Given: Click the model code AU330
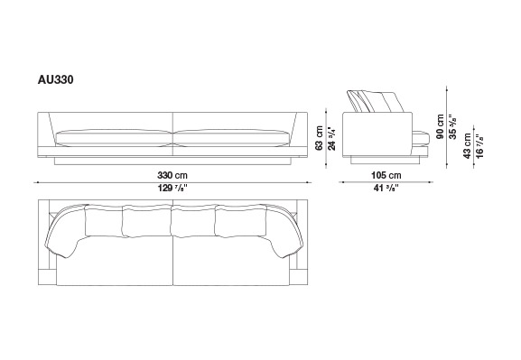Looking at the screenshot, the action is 55,80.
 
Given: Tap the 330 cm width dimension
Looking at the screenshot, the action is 172,175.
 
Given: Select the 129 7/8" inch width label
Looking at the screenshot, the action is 172,189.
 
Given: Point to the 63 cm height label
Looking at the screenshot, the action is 319,138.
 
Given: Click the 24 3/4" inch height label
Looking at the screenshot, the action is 331,138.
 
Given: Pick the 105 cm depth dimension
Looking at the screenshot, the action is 386,175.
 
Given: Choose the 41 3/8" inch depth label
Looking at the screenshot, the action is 386,189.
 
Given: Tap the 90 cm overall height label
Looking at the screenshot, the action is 440,126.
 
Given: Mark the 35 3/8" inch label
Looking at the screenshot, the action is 452,126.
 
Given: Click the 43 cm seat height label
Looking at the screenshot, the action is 467,146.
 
